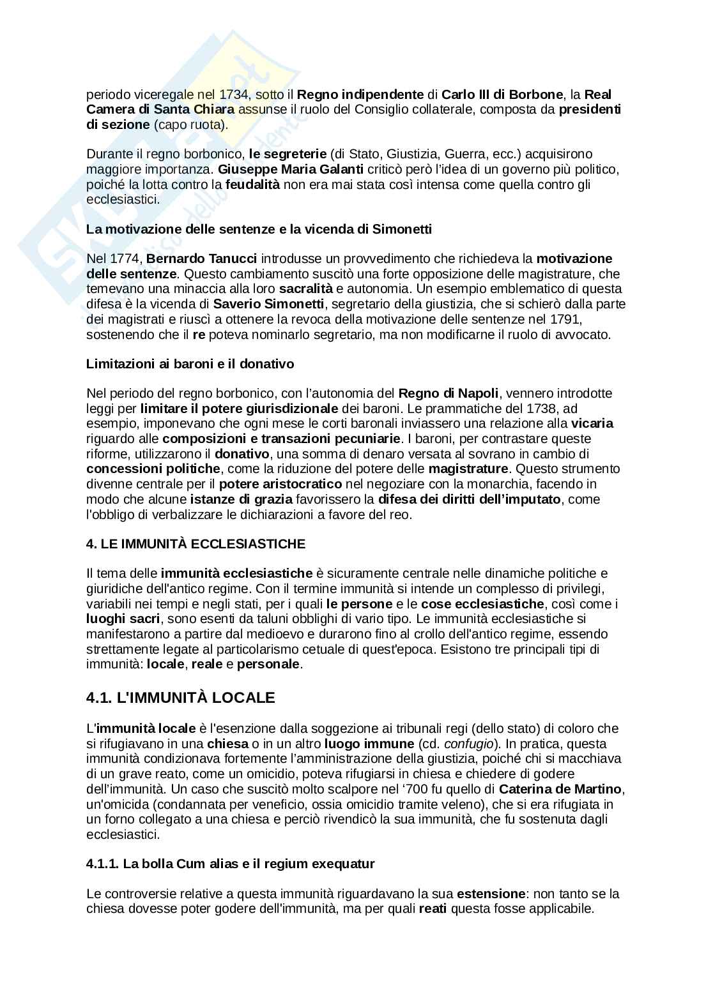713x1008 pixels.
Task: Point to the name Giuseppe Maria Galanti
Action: point(291,169)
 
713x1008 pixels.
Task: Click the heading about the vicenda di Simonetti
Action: point(259,229)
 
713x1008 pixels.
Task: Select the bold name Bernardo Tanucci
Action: point(202,259)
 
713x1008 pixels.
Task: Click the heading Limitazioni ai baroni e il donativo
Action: point(190,364)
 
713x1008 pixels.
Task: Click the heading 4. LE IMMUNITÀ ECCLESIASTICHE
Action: point(195,544)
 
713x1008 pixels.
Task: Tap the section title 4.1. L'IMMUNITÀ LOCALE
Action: point(180,698)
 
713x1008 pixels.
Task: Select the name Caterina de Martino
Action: point(560,789)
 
